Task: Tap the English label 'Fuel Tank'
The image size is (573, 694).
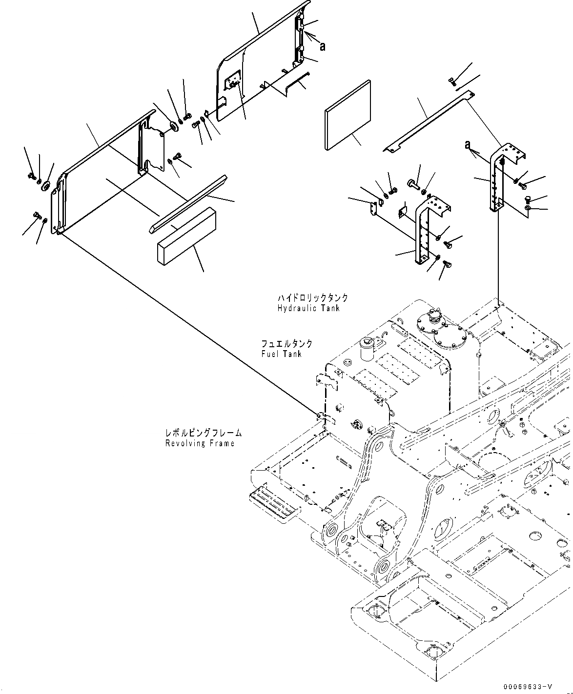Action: (x=282, y=354)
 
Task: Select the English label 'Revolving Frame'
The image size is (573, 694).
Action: (x=200, y=443)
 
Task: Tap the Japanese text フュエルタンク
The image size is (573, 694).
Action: (x=287, y=344)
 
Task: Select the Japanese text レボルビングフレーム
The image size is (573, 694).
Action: (x=204, y=433)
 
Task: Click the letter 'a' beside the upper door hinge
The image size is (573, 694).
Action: (x=323, y=46)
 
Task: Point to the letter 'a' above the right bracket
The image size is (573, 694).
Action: (x=468, y=144)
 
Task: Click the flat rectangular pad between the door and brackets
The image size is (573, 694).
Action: (x=348, y=115)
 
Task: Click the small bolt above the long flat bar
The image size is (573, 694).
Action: (x=452, y=81)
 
